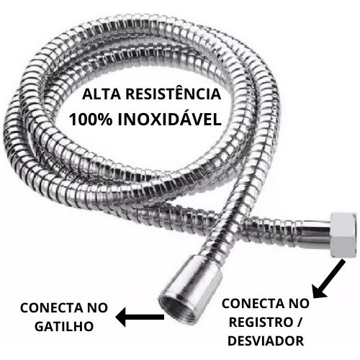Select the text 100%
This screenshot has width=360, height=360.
[x=91, y=120]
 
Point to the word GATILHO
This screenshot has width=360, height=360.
[x=64, y=326]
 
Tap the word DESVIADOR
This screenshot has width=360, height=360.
[x=266, y=341]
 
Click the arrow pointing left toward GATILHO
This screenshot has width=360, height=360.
[x=140, y=317]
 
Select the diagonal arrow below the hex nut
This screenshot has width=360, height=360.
[x=329, y=279]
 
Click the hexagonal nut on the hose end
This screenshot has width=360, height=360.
[x=343, y=235]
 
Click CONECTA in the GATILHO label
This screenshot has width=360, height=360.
[x=47, y=308]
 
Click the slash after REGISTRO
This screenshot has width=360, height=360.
[x=300, y=323]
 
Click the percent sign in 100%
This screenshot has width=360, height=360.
[x=105, y=120]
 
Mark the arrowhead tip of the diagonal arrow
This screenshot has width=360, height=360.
[x=313, y=298]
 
